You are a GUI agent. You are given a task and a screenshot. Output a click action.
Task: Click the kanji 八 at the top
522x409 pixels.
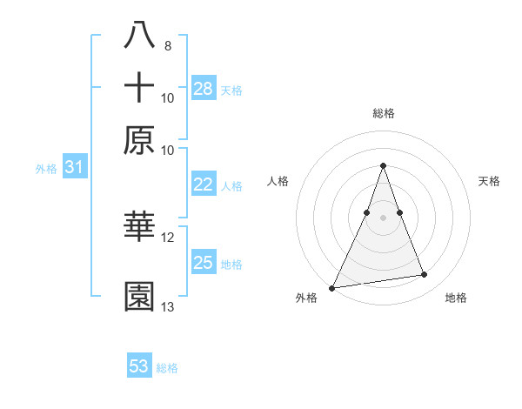coord(139,35)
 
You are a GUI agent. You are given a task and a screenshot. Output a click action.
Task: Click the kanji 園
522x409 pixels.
coord(139,297)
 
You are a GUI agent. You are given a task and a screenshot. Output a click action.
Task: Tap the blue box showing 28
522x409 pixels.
coord(204,88)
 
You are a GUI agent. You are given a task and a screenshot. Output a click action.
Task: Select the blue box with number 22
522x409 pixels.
coord(204,184)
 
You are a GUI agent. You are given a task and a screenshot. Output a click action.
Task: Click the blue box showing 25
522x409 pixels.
coord(204,263)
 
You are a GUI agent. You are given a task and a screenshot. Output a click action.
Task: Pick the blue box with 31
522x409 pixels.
coord(74,167)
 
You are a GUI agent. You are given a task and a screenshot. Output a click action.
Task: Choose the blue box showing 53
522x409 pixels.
coord(139,366)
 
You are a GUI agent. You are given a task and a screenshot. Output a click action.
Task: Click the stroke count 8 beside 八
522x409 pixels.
coord(167,45)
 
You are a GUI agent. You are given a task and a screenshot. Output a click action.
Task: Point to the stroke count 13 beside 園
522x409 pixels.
coord(168,307)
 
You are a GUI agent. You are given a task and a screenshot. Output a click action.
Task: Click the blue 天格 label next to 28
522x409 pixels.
coord(231,91)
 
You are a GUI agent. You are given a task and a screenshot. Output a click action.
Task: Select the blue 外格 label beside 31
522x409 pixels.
coord(46,170)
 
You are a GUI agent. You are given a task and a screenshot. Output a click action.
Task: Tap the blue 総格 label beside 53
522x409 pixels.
coord(167,369)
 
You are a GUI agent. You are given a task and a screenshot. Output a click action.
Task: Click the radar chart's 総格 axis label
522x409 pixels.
coord(384,113)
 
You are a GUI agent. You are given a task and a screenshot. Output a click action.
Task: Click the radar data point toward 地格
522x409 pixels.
coord(425,275)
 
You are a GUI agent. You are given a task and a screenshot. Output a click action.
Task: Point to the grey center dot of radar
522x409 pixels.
coord(384,218)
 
